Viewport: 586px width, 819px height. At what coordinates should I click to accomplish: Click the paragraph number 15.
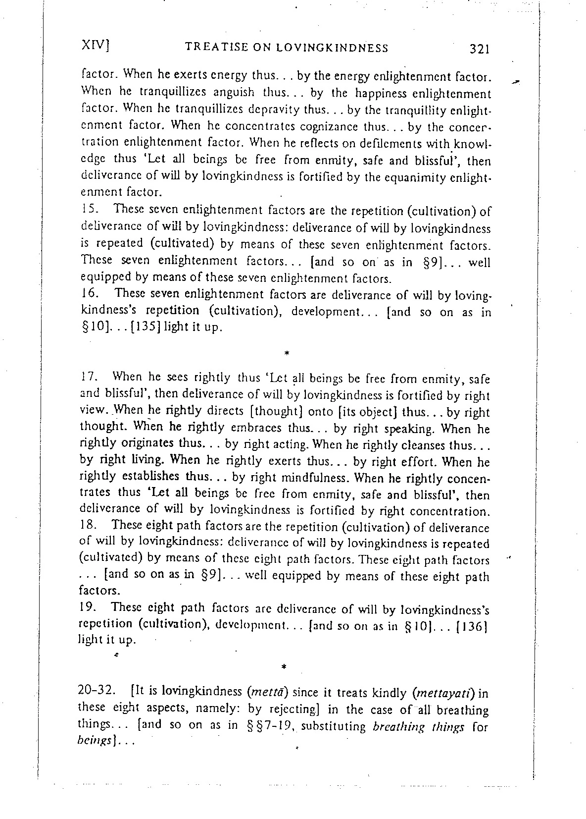tap(88, 211)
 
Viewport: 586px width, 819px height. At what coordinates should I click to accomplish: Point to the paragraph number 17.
tap(88, 378)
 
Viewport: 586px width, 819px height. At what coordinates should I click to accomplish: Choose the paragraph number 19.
tap(88, 607)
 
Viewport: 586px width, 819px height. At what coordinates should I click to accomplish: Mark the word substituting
tap(333, 727)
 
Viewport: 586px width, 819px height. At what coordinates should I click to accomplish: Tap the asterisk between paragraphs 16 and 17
tap(287, 354)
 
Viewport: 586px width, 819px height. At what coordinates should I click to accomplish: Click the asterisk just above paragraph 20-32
tap(284, 667)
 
